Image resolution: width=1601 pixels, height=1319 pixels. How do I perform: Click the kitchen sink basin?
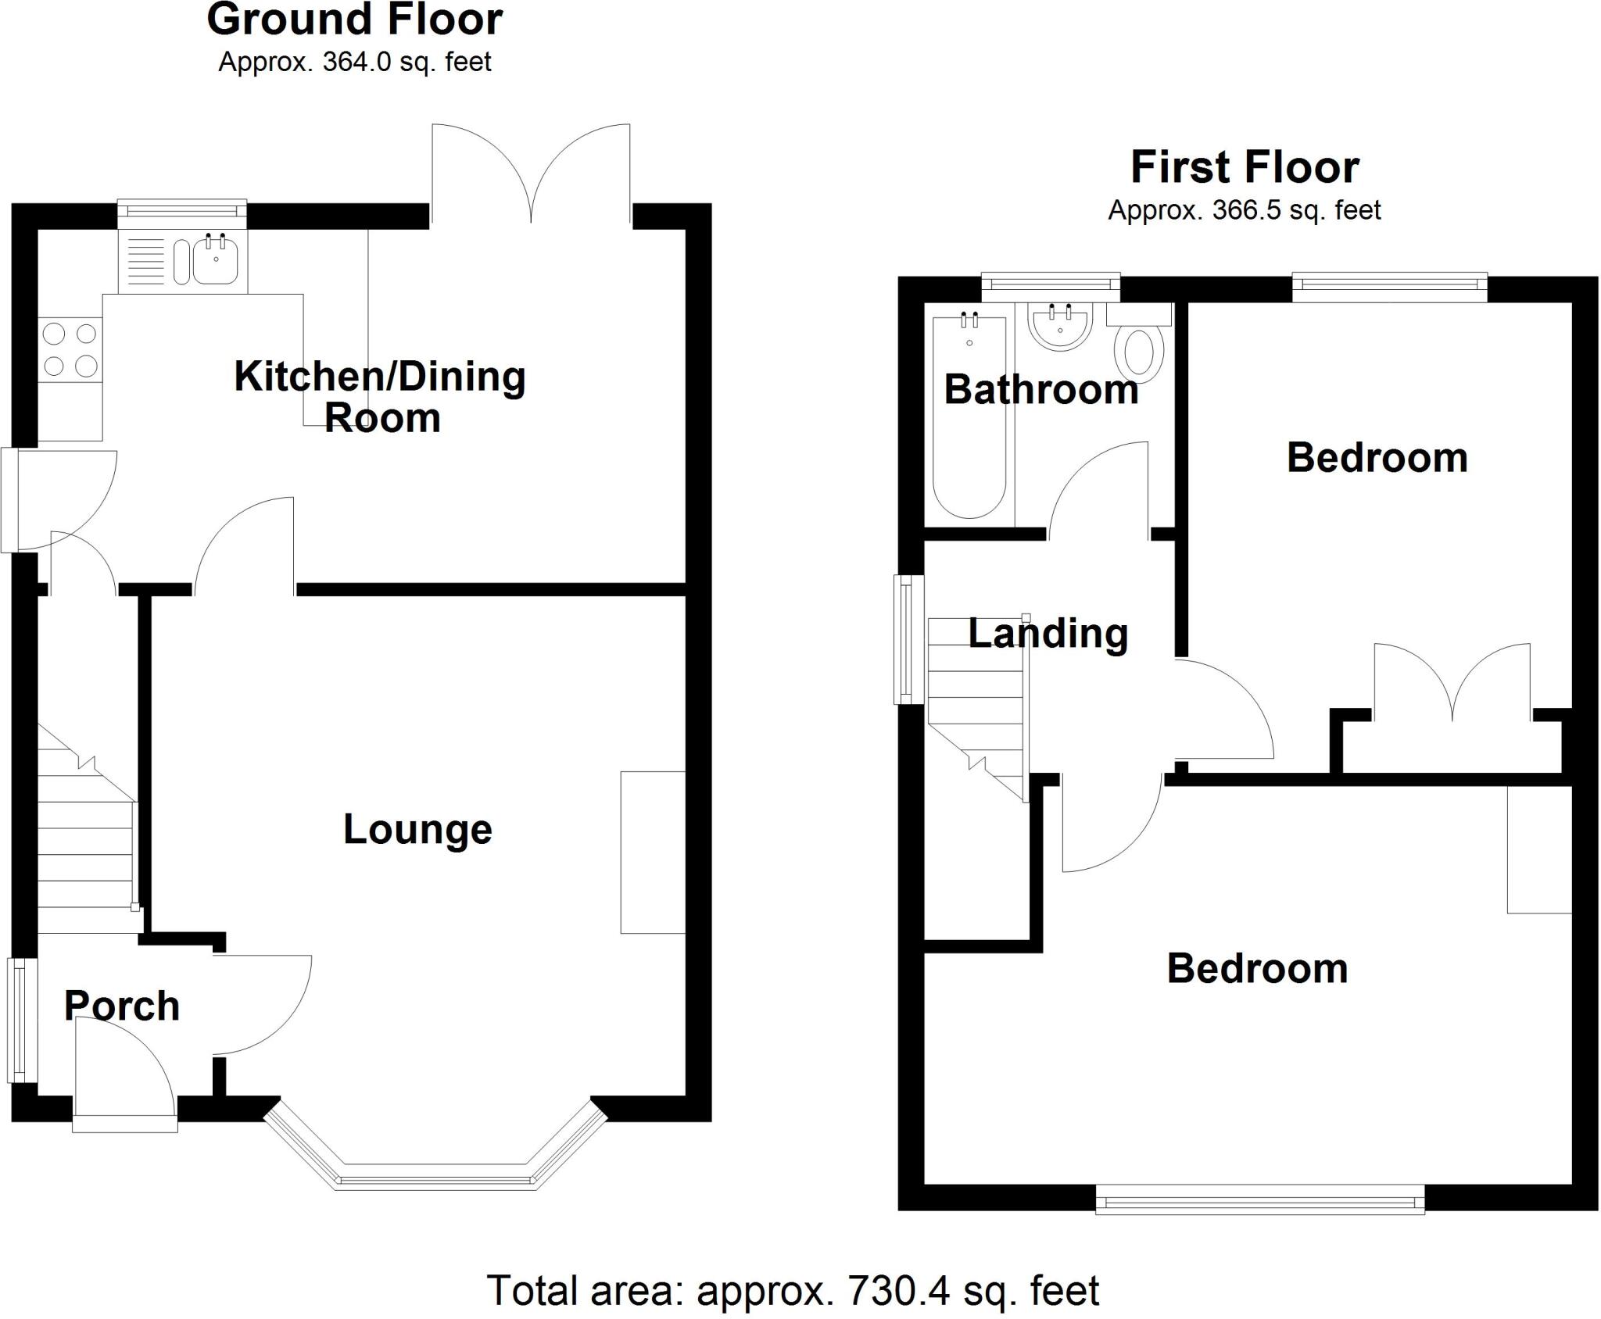[215, 261]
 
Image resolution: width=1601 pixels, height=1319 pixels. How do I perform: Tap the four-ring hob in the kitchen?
[70, 349]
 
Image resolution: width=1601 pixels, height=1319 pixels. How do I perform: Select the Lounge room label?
[417, 829]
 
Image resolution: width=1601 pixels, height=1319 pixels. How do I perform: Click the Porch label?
[122, 1006]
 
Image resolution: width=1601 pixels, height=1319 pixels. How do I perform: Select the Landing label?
[1048, 633]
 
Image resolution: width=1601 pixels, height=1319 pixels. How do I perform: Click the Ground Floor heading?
[355, 20]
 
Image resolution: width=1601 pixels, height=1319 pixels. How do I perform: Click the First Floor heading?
[1245, 167]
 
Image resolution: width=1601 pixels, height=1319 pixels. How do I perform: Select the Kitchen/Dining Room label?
[381, 396]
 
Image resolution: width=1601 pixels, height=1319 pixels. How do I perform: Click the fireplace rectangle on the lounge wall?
[653, 852]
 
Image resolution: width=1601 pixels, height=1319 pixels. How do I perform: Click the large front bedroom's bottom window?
[1259, 1199]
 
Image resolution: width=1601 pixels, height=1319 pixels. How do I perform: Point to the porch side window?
[23, 1020]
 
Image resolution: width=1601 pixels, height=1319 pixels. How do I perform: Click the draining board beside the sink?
[145, 261]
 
